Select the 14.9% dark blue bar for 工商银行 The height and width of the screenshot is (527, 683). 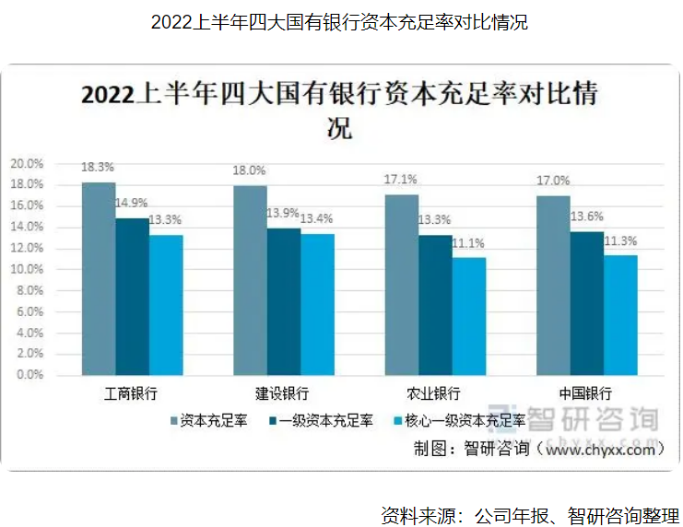click(132, 296)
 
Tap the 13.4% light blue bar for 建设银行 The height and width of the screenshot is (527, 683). click(316, 304)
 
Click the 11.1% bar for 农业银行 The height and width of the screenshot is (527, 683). click(468, 316)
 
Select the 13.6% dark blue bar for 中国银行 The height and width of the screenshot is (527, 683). click(586, 303)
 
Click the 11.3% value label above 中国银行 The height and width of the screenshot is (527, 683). click(620, 241)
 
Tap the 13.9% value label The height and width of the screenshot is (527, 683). click(284, 213)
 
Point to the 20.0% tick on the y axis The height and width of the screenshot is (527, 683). click(27, 163)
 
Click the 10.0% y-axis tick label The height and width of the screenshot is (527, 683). click(27, 269)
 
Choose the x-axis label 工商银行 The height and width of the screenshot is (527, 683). click(132, 392)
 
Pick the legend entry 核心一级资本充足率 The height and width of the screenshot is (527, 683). click(458, 421)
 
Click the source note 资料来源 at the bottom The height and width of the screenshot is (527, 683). click(530, 514)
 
